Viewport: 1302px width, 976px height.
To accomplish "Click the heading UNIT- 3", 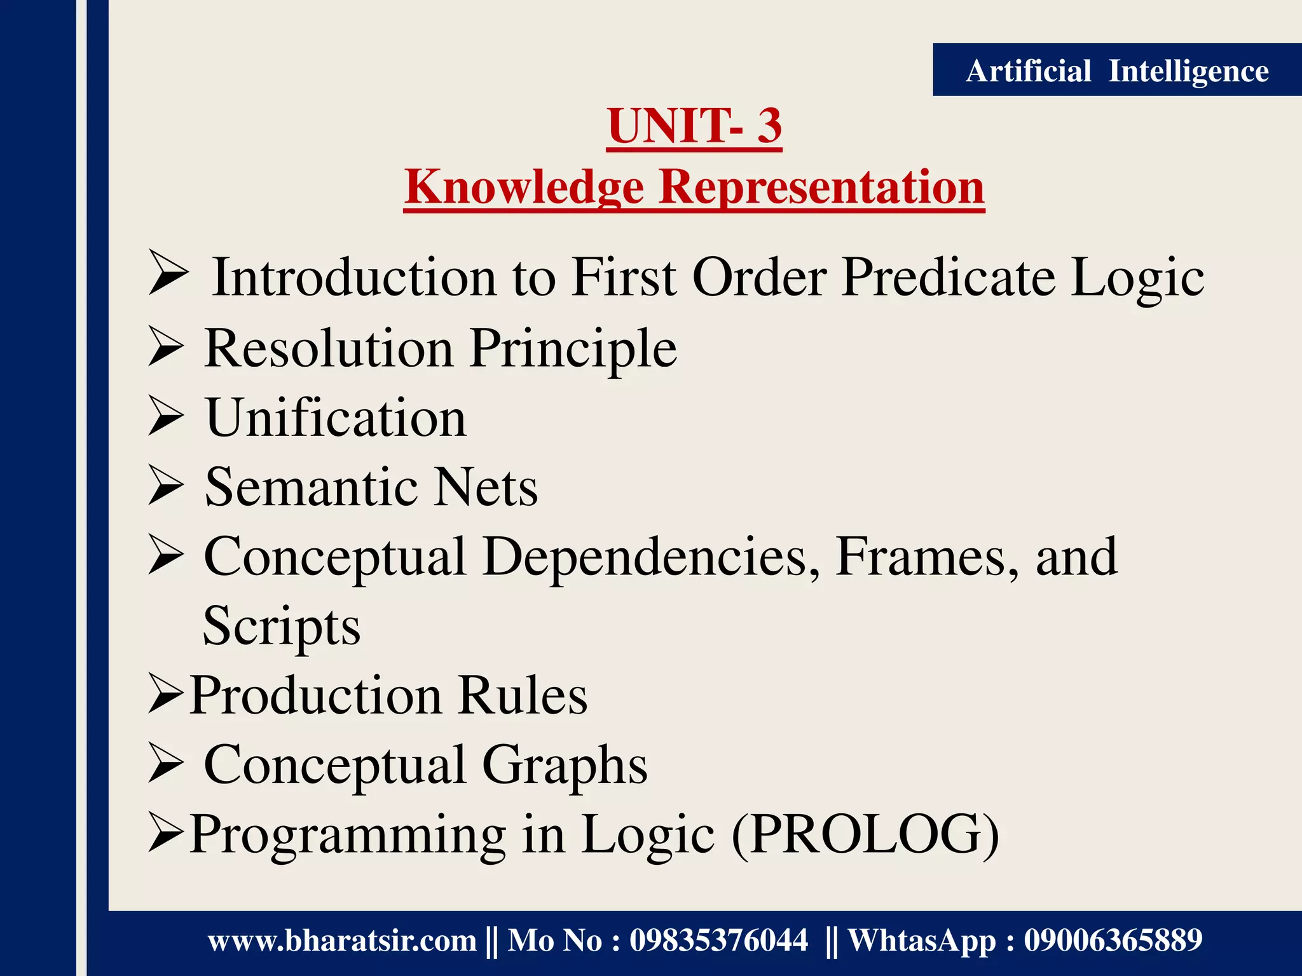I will coord(694,126).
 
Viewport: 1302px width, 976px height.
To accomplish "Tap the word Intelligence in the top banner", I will coord(1188,71).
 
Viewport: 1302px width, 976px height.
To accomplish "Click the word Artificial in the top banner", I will coord(1028,71).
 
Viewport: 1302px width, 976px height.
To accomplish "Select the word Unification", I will coord(336,418).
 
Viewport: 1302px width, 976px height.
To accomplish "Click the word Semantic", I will coord(311,487).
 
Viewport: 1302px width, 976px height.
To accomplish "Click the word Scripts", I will coord(282,627).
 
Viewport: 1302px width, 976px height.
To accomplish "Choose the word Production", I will coord(316,696).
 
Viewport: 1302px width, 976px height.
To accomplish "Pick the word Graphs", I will coord(565,765).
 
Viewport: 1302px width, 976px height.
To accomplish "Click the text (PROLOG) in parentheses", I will coord(865,834).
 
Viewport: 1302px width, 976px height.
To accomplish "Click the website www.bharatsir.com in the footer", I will coord(342,940).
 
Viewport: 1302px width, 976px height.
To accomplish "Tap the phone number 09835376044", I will coord(718,940).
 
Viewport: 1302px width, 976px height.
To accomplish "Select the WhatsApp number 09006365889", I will coord(1113,940).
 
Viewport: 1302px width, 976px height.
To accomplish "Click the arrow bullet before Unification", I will coord(167,417).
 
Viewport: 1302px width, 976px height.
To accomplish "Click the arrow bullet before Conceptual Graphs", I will coord(167,764).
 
